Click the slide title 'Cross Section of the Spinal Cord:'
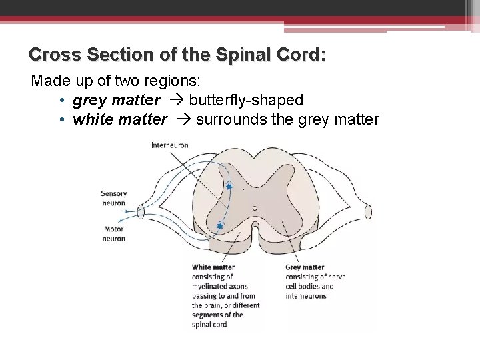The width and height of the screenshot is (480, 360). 177,54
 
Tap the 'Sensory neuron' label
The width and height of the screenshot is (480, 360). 113,198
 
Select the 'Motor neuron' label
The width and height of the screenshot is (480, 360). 113,233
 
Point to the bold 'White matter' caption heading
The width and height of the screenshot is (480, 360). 213,267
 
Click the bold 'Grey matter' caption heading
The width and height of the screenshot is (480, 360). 305,267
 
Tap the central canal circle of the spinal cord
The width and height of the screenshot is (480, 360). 255,208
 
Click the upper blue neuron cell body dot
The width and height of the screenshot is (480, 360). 229,187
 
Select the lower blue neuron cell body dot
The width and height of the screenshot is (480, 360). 219,227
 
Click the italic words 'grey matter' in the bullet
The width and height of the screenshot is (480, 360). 116,100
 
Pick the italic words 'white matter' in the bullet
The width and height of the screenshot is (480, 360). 120,119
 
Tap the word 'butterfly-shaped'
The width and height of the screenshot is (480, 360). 246,100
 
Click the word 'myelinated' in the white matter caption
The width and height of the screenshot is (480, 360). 209,286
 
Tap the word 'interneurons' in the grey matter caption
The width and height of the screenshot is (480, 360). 306,296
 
